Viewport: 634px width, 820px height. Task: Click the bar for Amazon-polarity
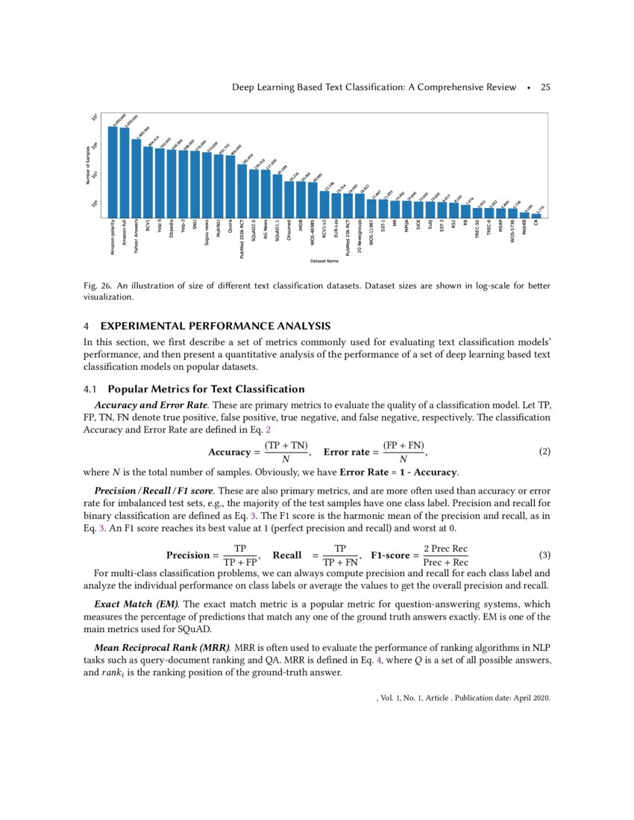(112, 171)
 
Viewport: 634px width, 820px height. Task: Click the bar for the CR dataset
(536, 215)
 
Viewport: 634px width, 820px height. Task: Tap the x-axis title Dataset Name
(325, 261)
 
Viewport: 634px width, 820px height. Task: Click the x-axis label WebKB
(524, 228)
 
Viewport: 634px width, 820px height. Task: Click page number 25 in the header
(545, 87)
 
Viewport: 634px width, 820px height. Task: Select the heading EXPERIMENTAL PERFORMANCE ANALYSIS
(215, 326)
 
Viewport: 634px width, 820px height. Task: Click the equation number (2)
(544, 452)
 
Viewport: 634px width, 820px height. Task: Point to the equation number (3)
(544, 555)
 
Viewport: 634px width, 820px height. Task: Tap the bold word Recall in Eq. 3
(287, 555)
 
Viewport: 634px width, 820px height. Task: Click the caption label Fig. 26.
(98, 286)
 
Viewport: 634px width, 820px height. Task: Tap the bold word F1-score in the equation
(392, 555)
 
